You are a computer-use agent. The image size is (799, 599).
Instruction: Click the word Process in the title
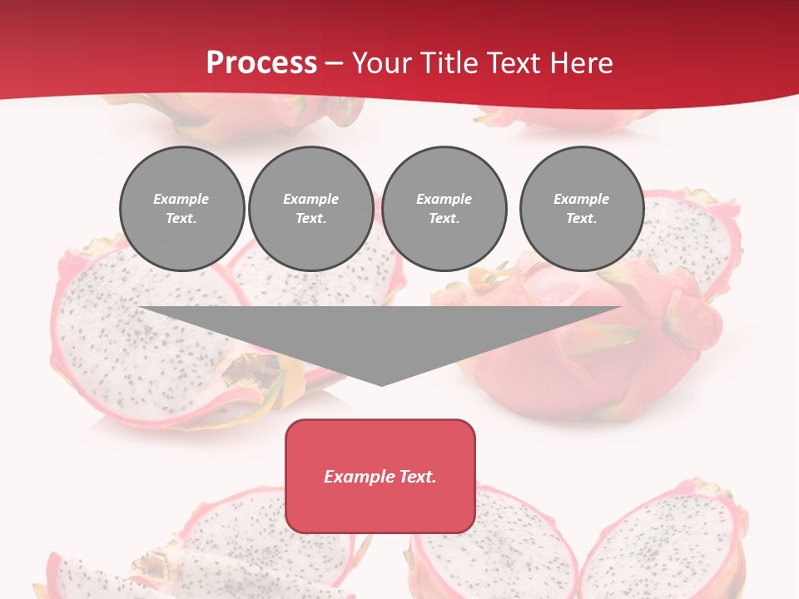click(261, 62)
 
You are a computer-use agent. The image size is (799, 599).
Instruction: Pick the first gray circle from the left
click(182, 209)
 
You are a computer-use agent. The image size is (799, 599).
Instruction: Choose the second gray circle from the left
click(311, 209)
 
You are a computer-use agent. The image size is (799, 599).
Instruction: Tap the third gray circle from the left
click(444, 209)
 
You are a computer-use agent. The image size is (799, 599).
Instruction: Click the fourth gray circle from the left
click(582, 209)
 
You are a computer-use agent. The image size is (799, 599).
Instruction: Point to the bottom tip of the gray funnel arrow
click(381, 384)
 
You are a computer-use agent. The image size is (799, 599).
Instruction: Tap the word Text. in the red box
click(418, 477)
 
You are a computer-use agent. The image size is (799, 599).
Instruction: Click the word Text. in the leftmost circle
click(181, 219)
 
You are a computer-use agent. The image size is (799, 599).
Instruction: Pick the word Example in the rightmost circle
click(581, 199)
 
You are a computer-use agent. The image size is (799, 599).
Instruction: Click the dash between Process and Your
click(334, 63)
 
